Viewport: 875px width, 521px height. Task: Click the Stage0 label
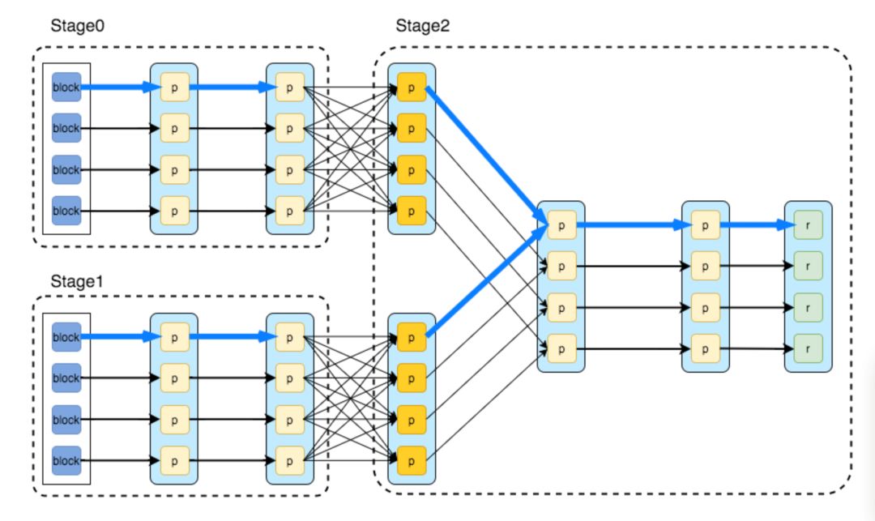pyautogui.click(x=77, y=26)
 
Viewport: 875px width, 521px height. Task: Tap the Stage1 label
pyautogui.click(x=76, y=281)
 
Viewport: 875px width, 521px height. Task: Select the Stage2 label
pyautogui.click(x=422, y=26)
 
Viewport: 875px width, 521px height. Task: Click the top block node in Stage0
pyautogui.click(x=66, y=87)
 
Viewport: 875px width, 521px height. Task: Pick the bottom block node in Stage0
pyautogui.click(x=66, y=211)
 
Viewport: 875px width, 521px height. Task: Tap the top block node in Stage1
pyautogui.click(x=66, y=337)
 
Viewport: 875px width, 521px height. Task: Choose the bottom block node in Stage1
pyautogui.click(x=66, y=461)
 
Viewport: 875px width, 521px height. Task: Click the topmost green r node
pyautogui.click(x=808, y=224)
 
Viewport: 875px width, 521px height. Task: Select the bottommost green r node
pyautogui.click(x=808, y=348)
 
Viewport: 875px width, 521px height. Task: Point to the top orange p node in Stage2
pyautogui.click(x=412, y=87)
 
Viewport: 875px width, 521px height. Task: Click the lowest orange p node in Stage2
pyautogui.click(x=412, y=461)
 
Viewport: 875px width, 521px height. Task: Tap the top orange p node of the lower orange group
pyautogui.click(x=412, y=337)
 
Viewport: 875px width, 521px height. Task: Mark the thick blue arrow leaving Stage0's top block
pyautogui.click(x=120, y=87)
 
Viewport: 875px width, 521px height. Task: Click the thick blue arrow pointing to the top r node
pyautogui.click(x=758, y=224)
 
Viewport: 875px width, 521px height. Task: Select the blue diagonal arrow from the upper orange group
pyautogui.click(x=487, y=156)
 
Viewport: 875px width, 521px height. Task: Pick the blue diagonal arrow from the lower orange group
pyautogui.click(x=487, y=280)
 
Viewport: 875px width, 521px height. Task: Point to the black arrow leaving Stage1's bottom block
pyautogui.click(x=120, y=461)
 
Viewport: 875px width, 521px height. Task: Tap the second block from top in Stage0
pyautogui.click(x=66, y=128)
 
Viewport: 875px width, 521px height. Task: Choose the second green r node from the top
pyautogui.click(x=808, y=266)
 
